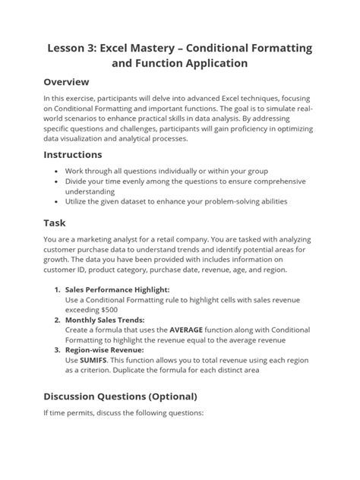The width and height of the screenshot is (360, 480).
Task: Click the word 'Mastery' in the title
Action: pos(166,48)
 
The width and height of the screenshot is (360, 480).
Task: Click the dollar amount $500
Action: pos(112,310)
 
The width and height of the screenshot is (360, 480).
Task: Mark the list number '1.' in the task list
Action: pos(57,289)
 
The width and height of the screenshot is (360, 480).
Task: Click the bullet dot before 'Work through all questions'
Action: pos(58,172)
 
